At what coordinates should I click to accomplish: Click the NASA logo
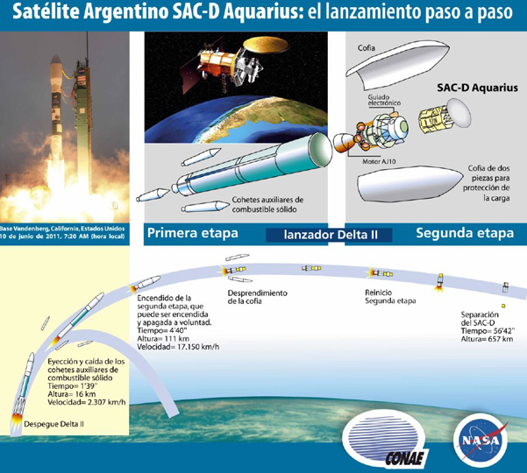pyautogui.click(x=481, y=440)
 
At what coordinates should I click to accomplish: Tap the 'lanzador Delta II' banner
pyautogui.click(x=331, y=235)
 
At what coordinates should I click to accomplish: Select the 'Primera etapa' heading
pyautogui.click(x=193, y=233)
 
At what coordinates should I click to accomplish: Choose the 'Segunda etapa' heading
pyautogui.click(x=465, y=233)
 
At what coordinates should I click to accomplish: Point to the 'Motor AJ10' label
pyautogui.click(x=379, y=161)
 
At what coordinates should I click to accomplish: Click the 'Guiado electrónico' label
pyautogui.click(x=384, y=100)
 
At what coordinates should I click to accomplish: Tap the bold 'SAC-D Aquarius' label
pyautogui.click(x=477, y=88)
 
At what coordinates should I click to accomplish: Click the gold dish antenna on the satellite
pyautogui.click(x=266, y=46)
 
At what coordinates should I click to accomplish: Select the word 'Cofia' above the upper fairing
pyautogui.click(x=366, y=48)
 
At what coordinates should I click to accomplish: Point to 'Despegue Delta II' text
pyautogui.click(x=53, y=424)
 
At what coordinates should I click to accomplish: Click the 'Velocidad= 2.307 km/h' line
pyautogui.click(x=87, y=401)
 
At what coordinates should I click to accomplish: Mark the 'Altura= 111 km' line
pyautogui.click(x=163, y=338)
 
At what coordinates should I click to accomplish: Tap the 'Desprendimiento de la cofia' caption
pyautogui.click(x=258, y=297)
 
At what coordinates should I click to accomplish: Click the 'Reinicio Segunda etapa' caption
pyautogui.click(x=390, y=296)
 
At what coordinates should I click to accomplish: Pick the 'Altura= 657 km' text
pyautogui.click(x=487, y=339)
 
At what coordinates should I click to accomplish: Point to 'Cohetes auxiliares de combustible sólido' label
pyautogui.click(x=267, y=204)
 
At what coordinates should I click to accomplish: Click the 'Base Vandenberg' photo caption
pyautogui.click(x=62, y=232)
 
